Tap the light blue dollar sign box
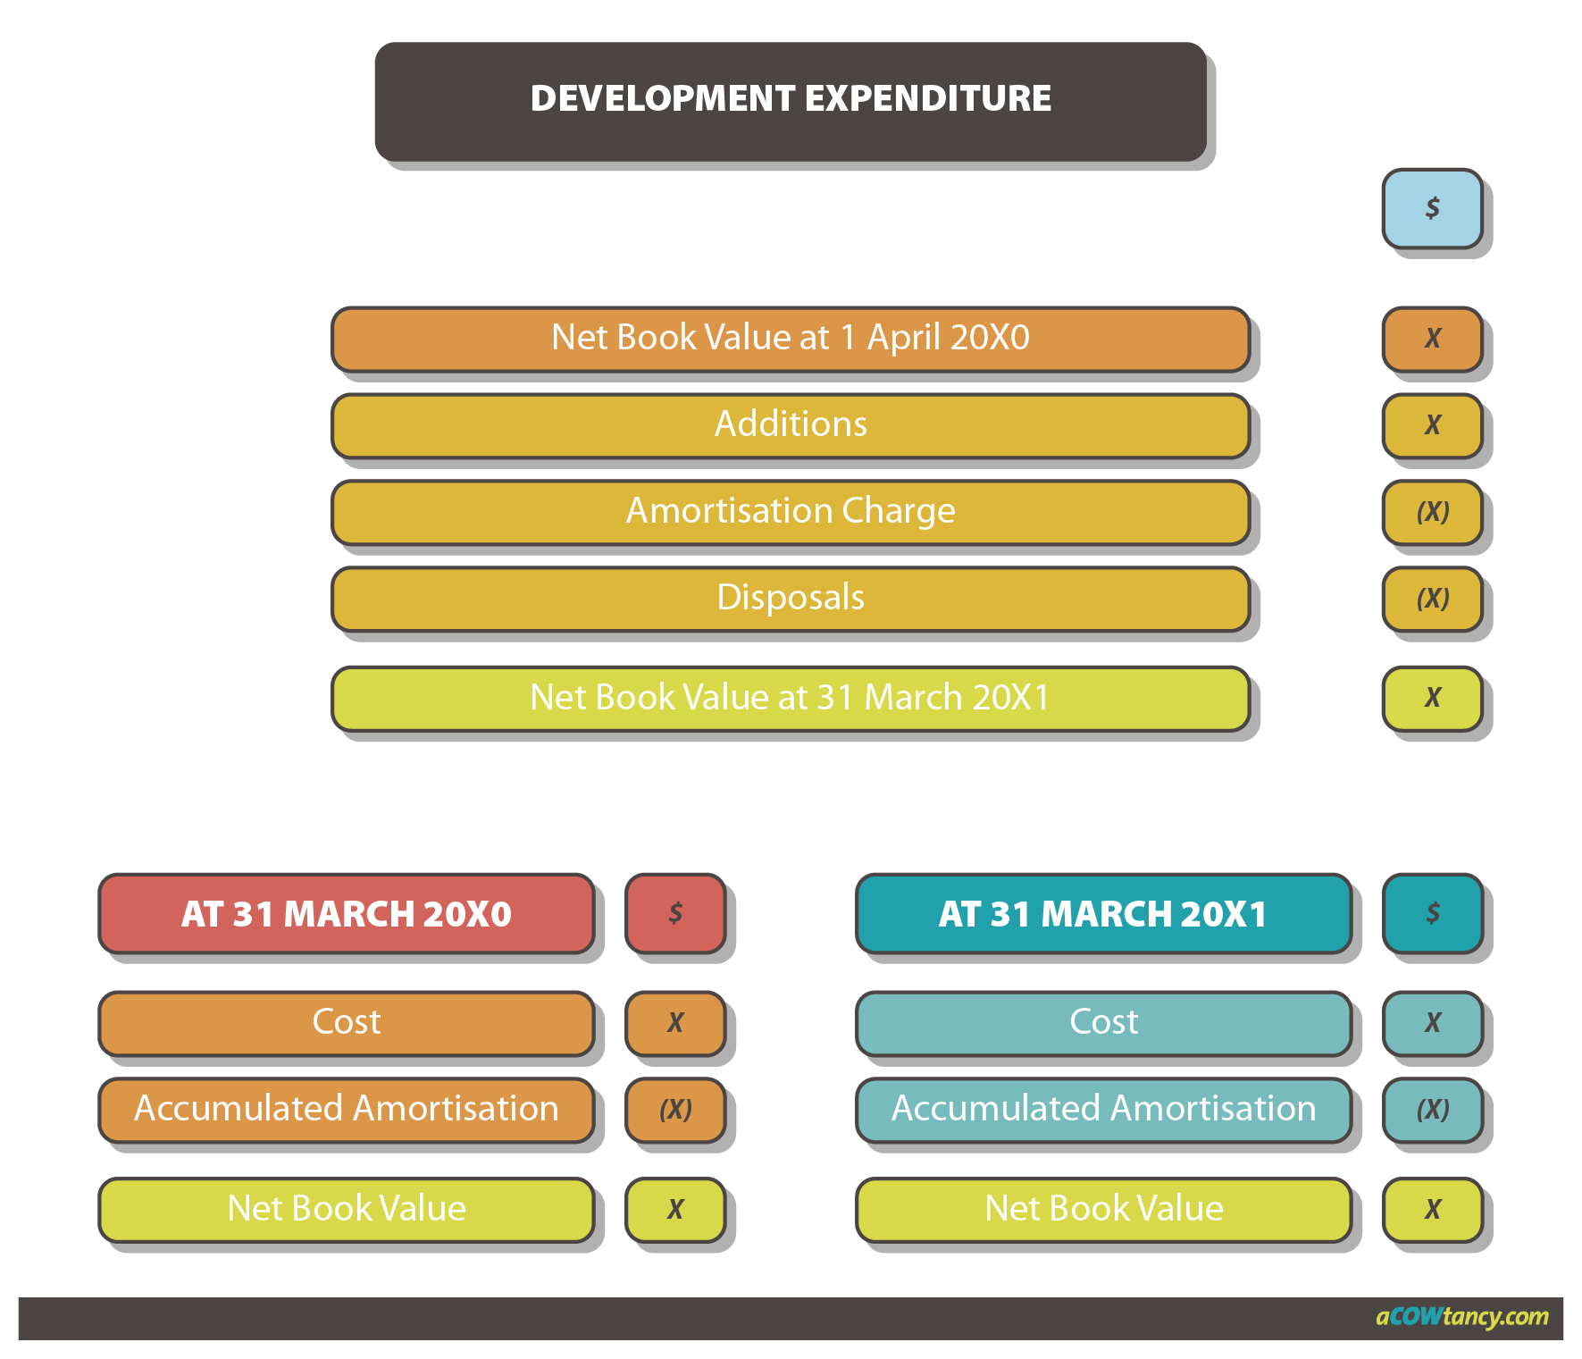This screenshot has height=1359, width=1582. tap(1432, 208)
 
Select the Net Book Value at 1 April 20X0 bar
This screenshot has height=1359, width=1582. tap(791, 338)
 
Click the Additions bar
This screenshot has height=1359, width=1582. tap(791, 424)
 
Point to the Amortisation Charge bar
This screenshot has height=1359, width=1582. tap(791, 511)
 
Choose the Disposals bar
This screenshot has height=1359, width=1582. tap(791, 598)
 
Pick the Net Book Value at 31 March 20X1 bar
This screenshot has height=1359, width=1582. tap(791, 698)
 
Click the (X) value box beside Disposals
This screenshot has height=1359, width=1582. tap(1432, 598)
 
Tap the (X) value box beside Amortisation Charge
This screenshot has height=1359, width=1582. tap(1432, 511)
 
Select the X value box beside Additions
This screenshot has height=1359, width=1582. tap(1432, 424)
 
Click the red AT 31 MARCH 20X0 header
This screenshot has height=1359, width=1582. tap(347, 914)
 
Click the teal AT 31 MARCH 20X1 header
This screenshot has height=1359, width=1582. tap(1103, 914)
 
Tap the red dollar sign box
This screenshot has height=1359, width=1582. tap(675, 913)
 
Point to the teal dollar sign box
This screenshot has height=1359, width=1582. tap(1432, 913)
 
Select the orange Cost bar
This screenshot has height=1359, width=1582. tap(347, 1022)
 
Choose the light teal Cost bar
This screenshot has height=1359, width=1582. tap(1103, 1022)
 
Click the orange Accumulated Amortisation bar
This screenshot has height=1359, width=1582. tap(347, 1109)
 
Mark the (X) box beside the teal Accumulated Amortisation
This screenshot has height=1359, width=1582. tap(1432, 1110)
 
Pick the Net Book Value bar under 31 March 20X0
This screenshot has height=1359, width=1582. tap(347, 1209)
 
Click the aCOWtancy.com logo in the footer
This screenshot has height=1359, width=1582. tap(1461, 1317)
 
